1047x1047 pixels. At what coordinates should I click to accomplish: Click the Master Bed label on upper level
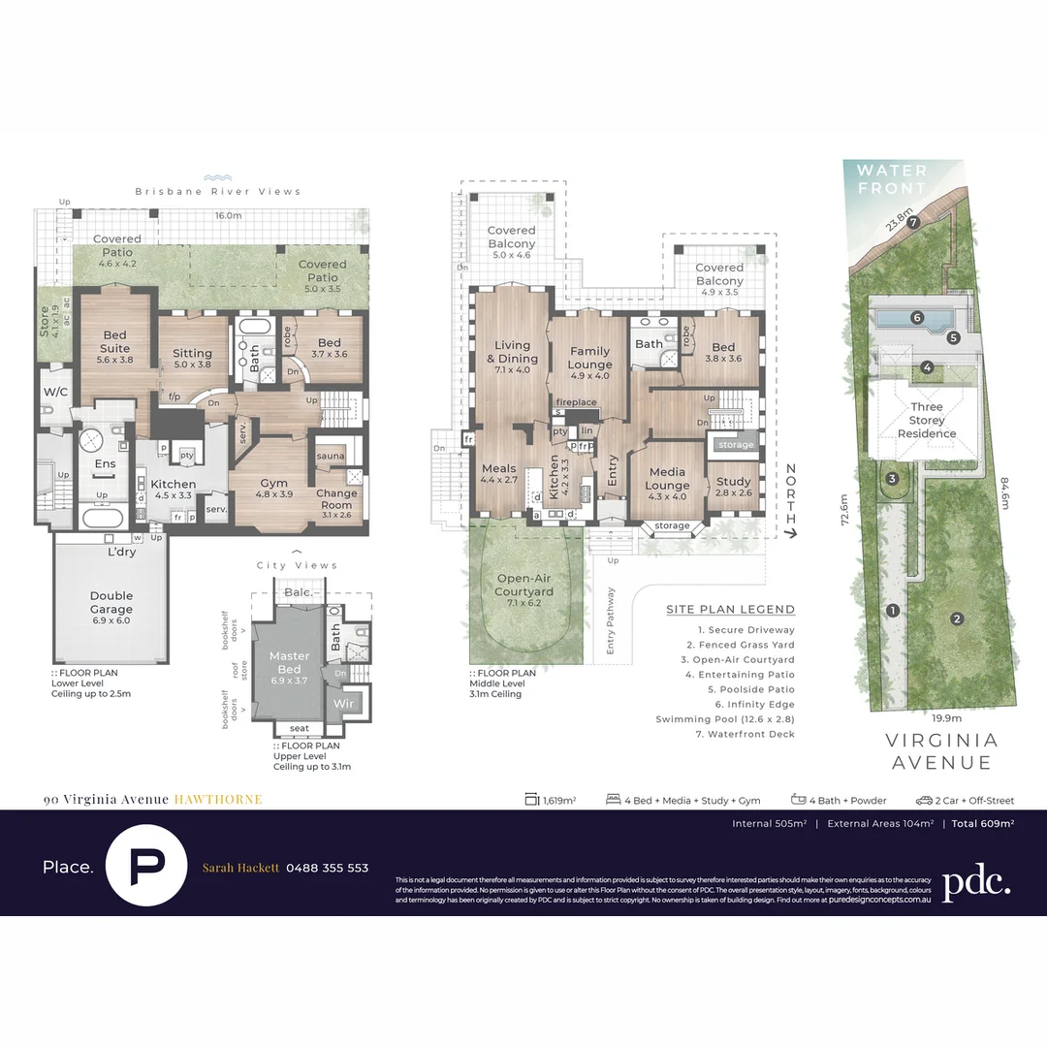[289, 662]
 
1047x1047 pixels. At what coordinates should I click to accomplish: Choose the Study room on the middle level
[734, 486]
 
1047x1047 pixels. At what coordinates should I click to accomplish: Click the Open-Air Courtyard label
[523, 585]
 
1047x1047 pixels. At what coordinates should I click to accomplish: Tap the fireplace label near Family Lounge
[576, 402]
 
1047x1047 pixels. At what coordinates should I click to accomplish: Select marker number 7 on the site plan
[912, 221]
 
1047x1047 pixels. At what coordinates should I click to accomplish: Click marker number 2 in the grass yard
[956, 619]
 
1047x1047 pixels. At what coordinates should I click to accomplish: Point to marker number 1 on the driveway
[892, 610]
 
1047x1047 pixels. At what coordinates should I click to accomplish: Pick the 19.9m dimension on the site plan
[946, 718]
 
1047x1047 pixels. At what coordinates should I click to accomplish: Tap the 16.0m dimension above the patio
[228, 215]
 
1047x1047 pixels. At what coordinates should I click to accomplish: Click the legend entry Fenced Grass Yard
[740, 645]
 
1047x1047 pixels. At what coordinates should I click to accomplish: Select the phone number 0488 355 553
[327, 868]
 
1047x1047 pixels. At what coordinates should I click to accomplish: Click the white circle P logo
[146, 865]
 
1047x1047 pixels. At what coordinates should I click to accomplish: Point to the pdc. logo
[976, 881]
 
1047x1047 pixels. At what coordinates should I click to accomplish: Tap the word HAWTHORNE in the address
[218, 800]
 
